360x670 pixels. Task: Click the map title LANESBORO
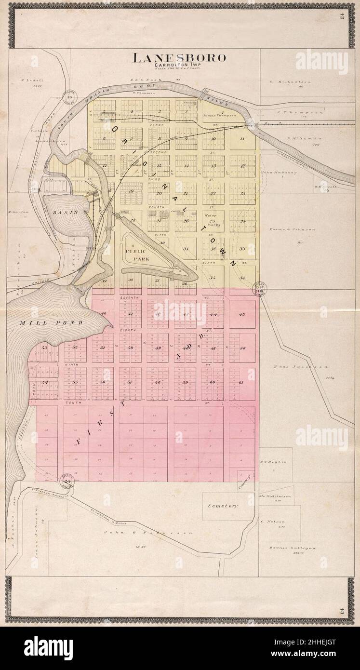click(x=179, y=58)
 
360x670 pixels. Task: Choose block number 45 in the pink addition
click(x=242, y=314)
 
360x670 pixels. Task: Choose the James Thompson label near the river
click(x=220, y=116)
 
